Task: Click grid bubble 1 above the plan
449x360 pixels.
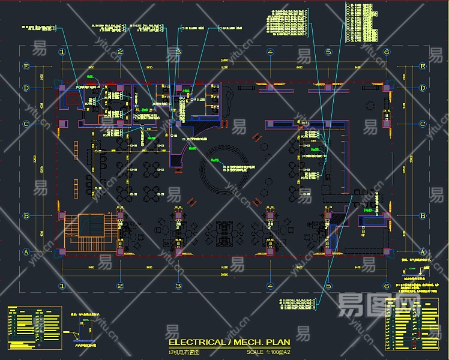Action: click(x=62, y=52)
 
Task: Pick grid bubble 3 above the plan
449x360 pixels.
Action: click(x=178, y=52)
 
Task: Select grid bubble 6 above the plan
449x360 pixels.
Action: click(x=387, y=52)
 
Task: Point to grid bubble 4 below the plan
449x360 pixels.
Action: click(x=271, y=286)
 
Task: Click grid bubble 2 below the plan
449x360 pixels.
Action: click(x=120, y=286)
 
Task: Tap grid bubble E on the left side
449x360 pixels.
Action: click(x=26, y=67)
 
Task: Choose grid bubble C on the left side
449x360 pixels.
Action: click(x=26, y=124)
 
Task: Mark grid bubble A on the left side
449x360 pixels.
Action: click(x=26, y=252)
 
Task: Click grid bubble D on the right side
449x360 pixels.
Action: click(x=423, y=89)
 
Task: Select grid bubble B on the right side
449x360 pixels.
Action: click(x=423, y=216)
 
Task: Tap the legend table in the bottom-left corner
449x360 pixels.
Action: click(x=35, y=328)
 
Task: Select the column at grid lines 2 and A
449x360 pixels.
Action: click(x=120, y=251)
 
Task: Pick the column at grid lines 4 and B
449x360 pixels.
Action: click(x=271, y=215)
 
